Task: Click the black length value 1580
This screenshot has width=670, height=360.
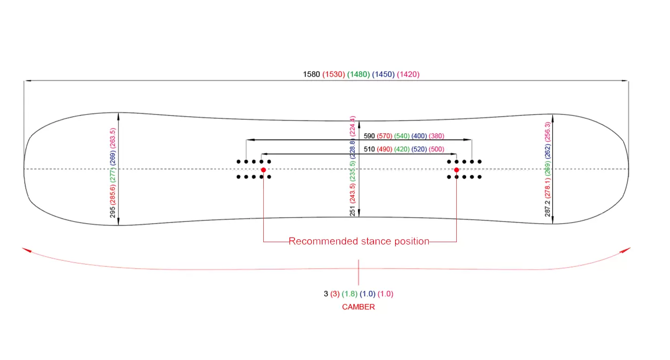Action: [x=311, y=74]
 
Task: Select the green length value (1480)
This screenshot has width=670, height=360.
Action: [x=358, y=74]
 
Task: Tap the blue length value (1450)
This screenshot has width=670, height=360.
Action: [x=383, y=74]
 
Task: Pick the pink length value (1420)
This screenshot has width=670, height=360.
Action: [x=408, y=74]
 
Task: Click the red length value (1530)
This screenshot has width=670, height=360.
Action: [x=333, y=74]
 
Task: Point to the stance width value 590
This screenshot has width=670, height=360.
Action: [x=369, y=136]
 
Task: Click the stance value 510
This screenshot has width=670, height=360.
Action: [x=369, y=150]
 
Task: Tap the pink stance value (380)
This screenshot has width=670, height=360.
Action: [x=436, y=136]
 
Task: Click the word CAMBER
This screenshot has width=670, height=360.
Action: [x=358, y=307]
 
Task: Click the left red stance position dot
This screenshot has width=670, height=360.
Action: [x=264, y=170]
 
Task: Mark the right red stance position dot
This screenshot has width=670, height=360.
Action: [x=456, y=170]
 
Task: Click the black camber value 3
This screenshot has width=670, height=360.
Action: [x=326, y=294]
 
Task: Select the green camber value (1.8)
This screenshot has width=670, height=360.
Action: [x=349, y=294]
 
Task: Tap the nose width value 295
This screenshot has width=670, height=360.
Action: [x=113, y=212]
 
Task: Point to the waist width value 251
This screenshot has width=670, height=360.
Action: [x=353, y=211]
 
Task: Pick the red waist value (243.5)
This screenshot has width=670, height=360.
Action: [x=353, y=192]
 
